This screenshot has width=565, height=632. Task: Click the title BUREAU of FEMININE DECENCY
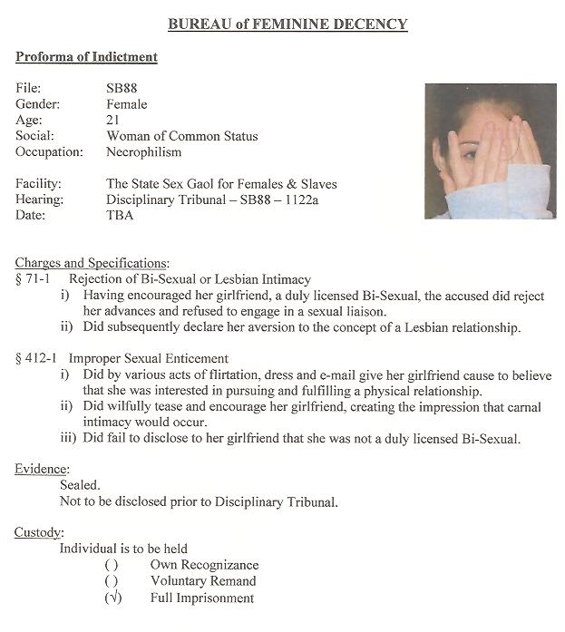click(x=287, y=25)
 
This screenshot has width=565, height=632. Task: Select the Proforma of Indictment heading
click(x=86, y=57)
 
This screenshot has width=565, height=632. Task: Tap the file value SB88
click(x=122, y=87)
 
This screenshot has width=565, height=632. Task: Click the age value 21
click(x=112, y=120)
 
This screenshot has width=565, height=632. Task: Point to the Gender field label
click(x=38, y=103)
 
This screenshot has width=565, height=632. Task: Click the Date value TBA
click(x=120, y=216)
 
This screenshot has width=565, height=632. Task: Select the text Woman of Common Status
click(x=181, y=136)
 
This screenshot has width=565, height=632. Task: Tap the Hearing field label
click(x=39, y=199)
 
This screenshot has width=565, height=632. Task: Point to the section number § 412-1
click(x=37, y=359)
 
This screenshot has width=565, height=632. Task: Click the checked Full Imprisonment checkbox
click(x=112, y=598)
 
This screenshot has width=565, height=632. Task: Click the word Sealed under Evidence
click(x=80, y=485)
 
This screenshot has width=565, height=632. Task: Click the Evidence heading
click(x=42, y=469)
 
